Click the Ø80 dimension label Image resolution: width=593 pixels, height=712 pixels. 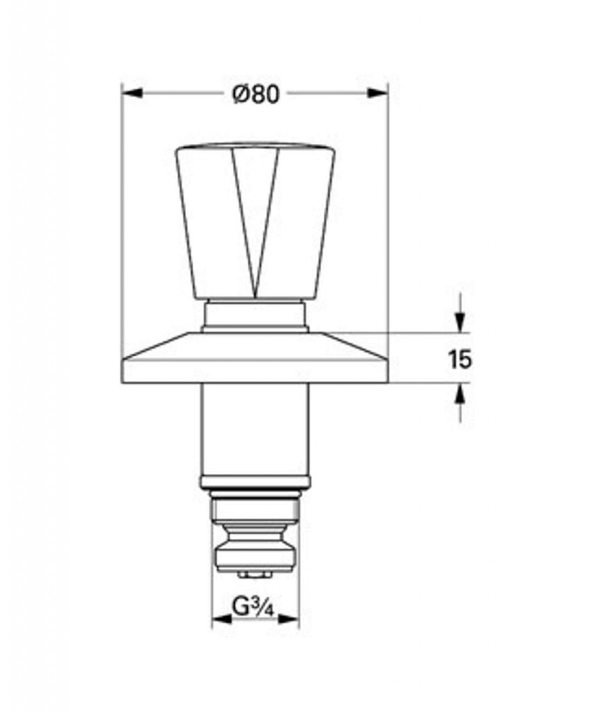pyautogui.click(x=256, y=94)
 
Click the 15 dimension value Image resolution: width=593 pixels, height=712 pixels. pyautogui.click(x=460, y=359)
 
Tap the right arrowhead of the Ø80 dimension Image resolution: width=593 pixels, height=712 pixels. pyautogui.click(x=377, y=93)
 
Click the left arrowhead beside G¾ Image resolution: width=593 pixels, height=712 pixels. pyautogui.click(x=222, y=618)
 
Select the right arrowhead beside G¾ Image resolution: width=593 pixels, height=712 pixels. pyautogui.click(x=289, y=618)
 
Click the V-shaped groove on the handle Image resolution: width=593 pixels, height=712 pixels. pyautogui.click(x=256, y=222)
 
